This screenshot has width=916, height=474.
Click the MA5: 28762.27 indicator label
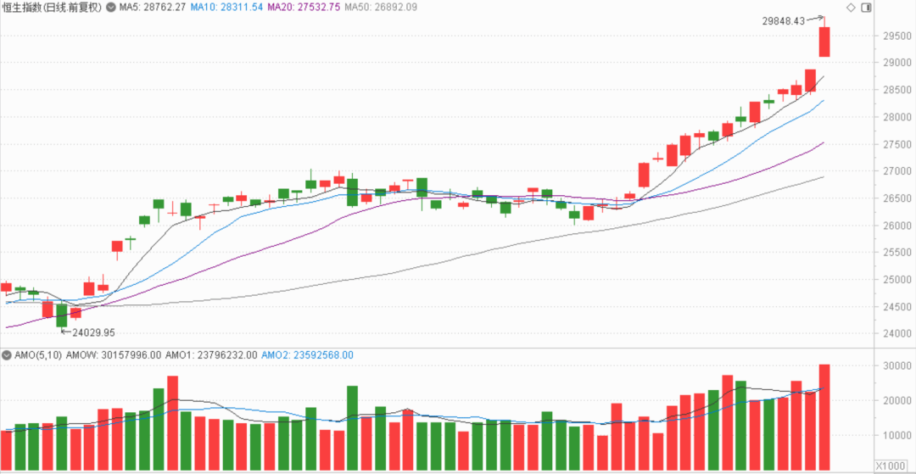155,8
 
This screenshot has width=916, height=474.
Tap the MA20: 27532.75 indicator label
303,8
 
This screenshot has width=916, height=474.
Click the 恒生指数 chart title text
24,8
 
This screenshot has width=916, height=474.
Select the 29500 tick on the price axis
896,36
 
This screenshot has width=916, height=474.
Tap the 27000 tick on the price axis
896,171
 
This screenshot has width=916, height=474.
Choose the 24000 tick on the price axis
896,333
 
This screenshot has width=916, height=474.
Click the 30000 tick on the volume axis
896,365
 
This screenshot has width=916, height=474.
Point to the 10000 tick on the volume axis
896,436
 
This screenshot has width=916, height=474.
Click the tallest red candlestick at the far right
824,42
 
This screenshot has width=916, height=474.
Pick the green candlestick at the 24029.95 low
61,315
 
